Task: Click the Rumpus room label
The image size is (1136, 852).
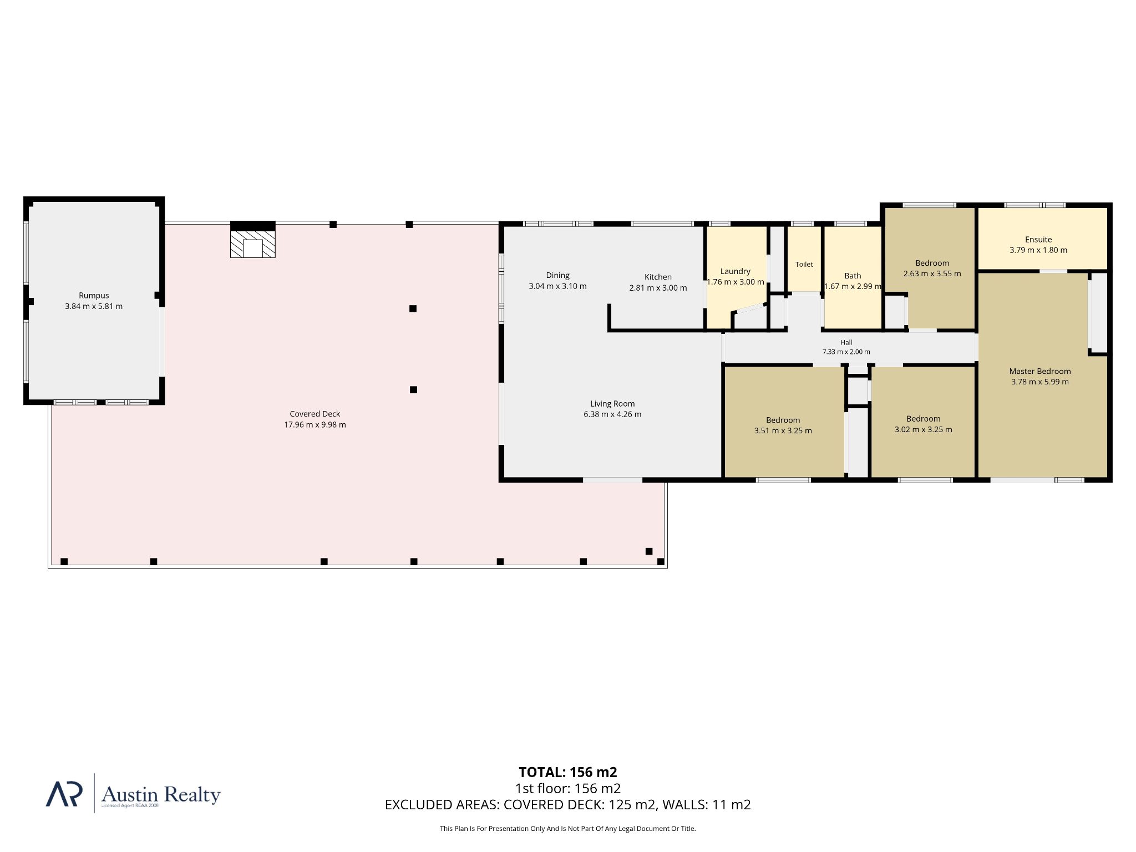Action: pos(94,296)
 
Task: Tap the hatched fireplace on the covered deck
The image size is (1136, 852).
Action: pos(253,244)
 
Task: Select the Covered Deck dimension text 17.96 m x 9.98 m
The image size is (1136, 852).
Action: pos(315,425)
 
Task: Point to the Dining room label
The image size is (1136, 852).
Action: pos(557,275)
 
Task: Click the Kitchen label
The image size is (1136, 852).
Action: pos(658,277)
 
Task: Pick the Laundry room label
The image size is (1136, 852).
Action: pos(736,271)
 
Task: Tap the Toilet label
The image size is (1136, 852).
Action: pos(804,265)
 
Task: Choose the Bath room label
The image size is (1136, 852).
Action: pos(853,276)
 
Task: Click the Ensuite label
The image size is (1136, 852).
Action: pos(1038,240)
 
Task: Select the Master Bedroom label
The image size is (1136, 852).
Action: pos(1040,371)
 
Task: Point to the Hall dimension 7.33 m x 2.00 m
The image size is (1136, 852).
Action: pos(846,352)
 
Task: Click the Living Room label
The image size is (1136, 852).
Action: pos(612,404)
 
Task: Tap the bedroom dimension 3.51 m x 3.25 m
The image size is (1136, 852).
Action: pos(783,430)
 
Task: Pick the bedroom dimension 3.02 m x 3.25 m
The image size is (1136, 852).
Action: pos(923,429)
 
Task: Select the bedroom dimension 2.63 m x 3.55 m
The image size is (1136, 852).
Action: pos(932,273)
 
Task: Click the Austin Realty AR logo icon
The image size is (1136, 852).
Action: pos(64,794)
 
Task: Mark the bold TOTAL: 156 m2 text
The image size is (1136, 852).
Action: pos(568,772)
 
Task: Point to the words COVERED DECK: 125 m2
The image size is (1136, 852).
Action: pos(580,805)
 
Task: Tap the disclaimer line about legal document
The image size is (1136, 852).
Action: pos(568,829)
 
